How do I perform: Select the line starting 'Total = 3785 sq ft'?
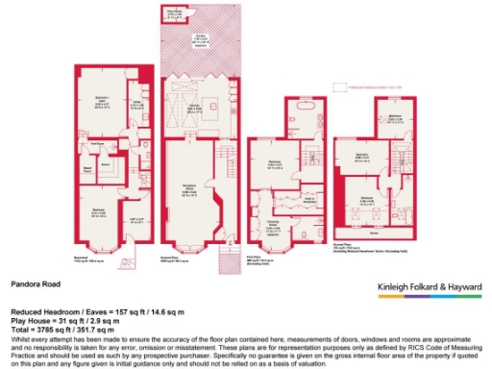pyautogui.click(x=70, y=329)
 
